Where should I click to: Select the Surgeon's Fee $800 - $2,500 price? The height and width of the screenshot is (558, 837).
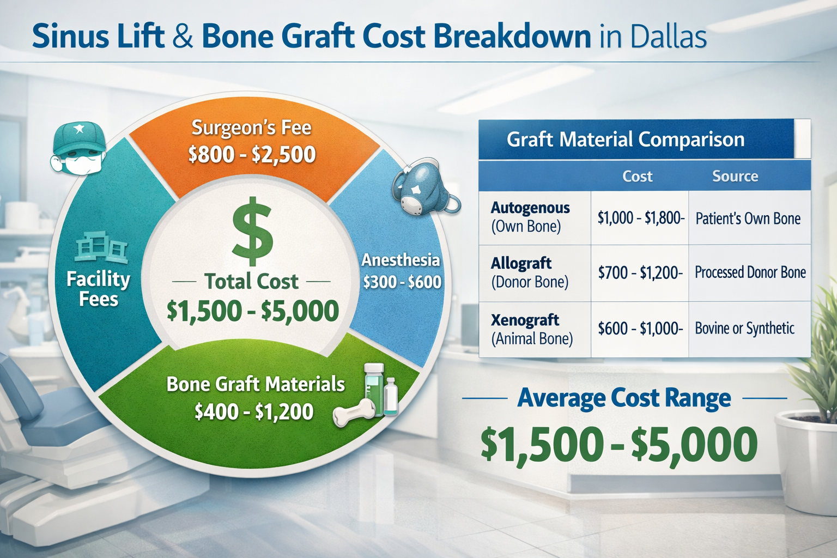[x=252, y=155]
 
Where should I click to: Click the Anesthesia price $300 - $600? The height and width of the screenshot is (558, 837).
[x=402, y=282]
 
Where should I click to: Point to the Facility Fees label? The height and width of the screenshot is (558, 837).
[x=99, y=289]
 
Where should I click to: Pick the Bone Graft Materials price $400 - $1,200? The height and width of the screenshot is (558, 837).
[x=254, y=411]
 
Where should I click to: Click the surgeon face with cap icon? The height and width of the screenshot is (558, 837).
[x=78, y=148]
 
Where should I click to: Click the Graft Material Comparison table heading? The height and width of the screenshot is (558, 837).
[x=626, y=139]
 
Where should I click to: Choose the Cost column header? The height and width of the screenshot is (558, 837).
[x=637, y=176]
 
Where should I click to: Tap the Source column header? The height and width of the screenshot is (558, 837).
[x=735, y=176]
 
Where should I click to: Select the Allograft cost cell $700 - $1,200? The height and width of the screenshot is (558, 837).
[x=640, y=272]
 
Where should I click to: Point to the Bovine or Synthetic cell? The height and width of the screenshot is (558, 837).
[x=744, y=329]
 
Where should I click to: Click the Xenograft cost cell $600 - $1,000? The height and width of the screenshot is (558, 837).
[x=640, y=329]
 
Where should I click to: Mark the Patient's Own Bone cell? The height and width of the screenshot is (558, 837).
[x=748, y=219]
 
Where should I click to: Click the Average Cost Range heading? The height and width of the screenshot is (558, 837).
[x=624, y=398]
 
